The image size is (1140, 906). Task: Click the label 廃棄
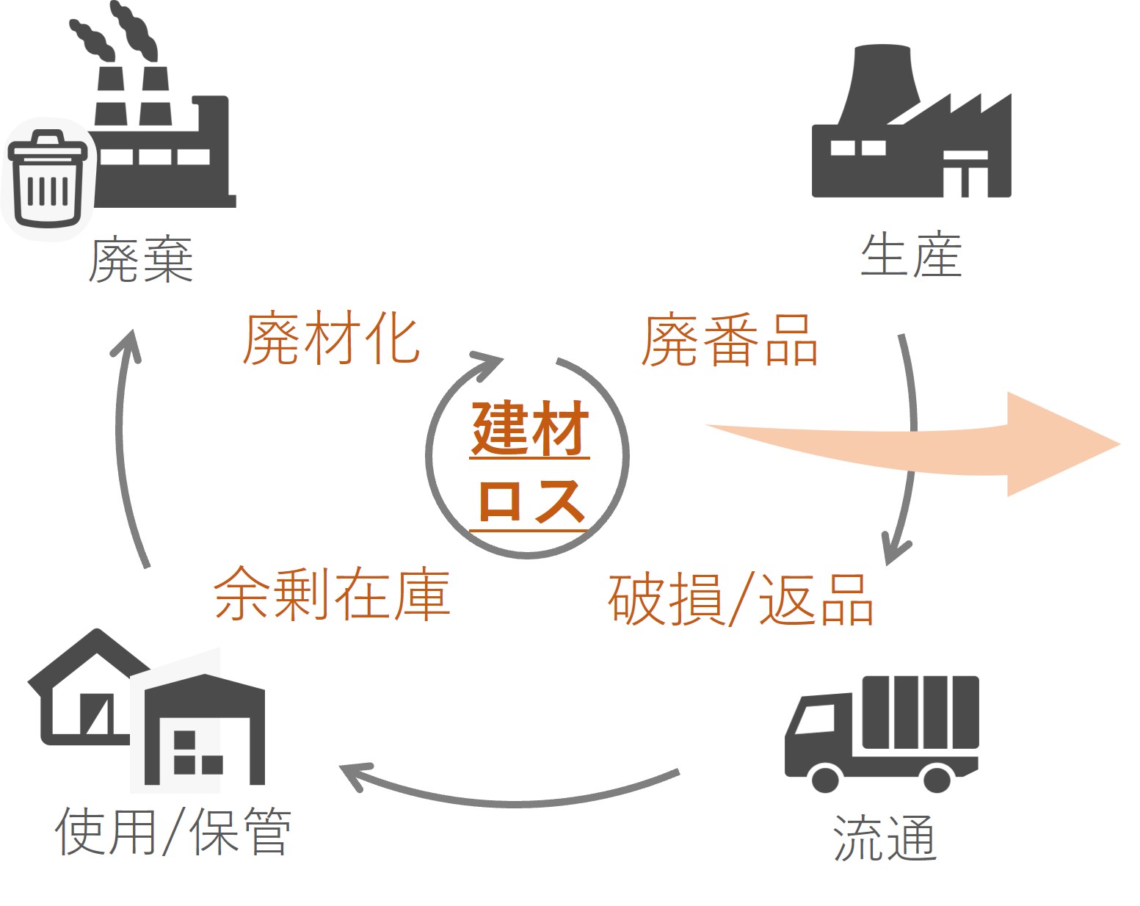(141, 260)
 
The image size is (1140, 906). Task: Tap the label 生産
(911, 256)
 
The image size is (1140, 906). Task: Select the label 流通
(885, 838)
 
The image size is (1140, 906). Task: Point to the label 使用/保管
(173, 832)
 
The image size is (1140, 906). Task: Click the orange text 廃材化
(331, 339)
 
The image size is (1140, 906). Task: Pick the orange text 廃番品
(730, 341)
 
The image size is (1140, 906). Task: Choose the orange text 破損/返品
(741, 599)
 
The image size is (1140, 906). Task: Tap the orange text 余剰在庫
(332, 593)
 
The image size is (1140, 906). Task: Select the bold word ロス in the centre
(530, 502)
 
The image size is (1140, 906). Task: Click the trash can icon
(47, 179)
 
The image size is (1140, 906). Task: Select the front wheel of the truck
(826, 778)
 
